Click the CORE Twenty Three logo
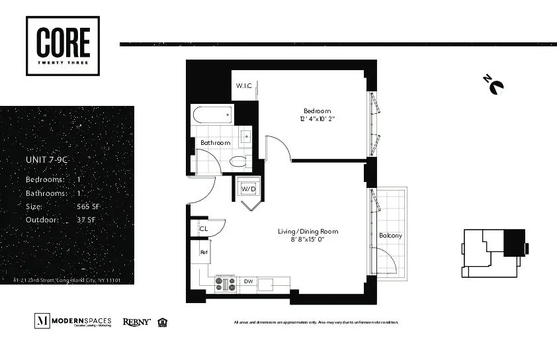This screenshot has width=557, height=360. [63, 46]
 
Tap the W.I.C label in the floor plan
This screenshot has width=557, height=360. [243, 86]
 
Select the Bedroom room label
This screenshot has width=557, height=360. [317, 111]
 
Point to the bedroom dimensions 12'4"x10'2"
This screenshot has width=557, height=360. [317, 119]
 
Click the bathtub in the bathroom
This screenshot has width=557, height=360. [212, 115]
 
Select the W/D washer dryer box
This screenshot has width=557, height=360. [248, 189]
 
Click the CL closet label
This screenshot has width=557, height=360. [204, 228]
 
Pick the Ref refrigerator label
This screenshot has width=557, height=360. [204, 252]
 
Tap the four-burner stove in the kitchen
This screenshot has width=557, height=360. [225, 283]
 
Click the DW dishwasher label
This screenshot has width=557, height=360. [248, 281]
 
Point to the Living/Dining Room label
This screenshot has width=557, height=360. [307, 232]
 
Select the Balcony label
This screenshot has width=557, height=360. [390, 236]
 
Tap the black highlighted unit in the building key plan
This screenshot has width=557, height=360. [514, 242]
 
